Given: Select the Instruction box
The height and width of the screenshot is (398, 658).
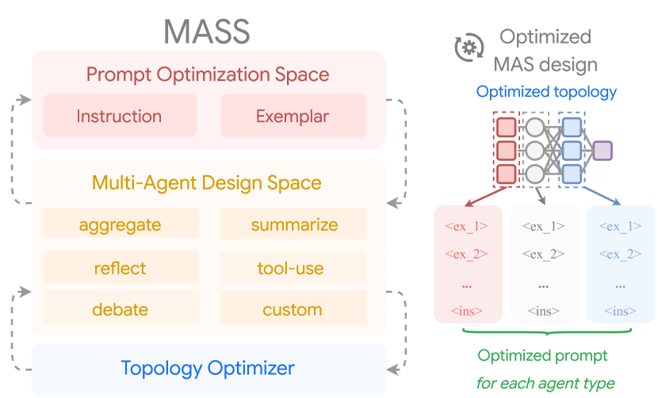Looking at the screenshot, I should [119, 117].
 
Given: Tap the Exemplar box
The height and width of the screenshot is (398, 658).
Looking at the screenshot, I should [293, 117].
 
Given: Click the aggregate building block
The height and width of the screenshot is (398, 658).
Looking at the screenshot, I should [121, 224].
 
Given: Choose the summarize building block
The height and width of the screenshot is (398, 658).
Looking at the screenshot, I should [294, 224].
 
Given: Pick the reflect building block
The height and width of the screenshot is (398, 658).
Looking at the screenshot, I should [121, 268].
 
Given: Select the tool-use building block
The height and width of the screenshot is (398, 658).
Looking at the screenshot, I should [291, 268].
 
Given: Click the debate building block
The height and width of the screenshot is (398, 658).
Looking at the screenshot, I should [121, 309].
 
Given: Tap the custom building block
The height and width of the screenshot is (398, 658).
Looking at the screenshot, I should [293, 309].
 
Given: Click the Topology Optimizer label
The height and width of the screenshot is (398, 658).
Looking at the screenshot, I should [208, 368].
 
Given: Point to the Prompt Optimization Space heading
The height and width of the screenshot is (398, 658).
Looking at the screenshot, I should [208, 75].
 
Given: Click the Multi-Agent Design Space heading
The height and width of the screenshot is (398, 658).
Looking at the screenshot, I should [207, 183].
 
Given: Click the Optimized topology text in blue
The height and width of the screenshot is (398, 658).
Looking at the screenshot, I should [546, 92].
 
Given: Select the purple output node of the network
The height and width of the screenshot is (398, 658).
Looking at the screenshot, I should [603, 150].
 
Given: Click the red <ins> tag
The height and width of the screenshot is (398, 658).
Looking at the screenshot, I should [467, 312].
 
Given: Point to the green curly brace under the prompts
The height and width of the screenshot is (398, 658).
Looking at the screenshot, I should [546, 332].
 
